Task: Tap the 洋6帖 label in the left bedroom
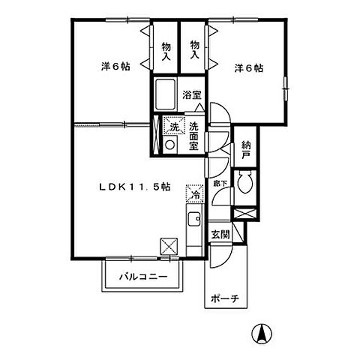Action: [x=115, y=67]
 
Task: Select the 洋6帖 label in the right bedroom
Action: [x=248, y=68]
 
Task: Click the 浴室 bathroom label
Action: [x=192, y=95]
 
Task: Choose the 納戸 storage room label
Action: [x=244, y=151]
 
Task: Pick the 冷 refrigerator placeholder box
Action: [x=194, y=192]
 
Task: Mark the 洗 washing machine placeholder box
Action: [x=172, y=127]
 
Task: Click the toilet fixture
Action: [x=245, y=182]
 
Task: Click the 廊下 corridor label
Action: [x=218, y=181]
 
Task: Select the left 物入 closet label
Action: [x=166, y=50]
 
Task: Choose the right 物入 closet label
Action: [x=194, y=50]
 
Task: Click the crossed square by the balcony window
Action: [x=169, y=246]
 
